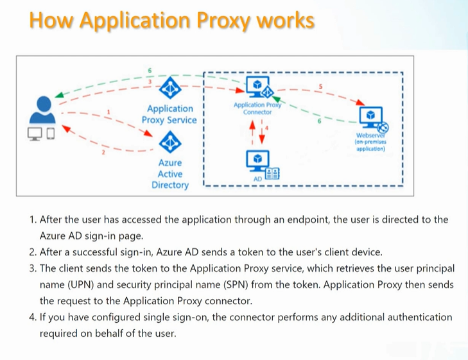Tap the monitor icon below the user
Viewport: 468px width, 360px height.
coord(35,133)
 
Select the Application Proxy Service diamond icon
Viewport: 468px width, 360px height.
coord(170,88)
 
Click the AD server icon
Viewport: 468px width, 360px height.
coord(258,160)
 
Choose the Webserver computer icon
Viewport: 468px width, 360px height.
coord(371,117)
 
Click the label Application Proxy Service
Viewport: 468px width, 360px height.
coord(169,114)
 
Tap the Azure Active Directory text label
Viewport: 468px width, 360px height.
coord(170,174)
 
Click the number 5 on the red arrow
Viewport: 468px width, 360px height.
coord(321,86)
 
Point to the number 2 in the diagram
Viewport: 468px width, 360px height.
coord(102,153)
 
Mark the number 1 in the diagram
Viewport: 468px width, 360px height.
coord(108,112)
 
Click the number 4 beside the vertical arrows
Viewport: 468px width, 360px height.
coord(267,128)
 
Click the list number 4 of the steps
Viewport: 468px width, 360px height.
coord(32,317)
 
